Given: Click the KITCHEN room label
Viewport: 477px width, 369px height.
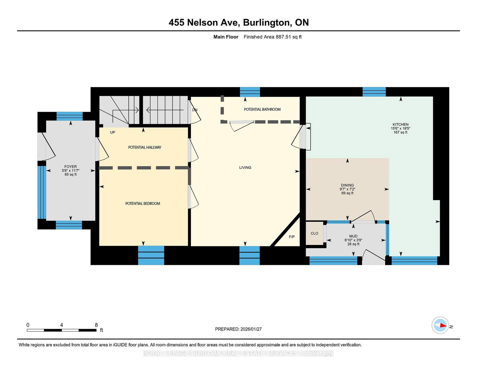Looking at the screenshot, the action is [x=400, y=124].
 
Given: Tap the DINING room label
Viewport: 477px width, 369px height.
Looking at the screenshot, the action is [x=347, y=185].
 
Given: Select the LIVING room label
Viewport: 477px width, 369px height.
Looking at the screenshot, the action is [x=245, y=168].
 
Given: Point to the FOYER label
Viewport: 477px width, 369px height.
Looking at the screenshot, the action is [x=70, y=167].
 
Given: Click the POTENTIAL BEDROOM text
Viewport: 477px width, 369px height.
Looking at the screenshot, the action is [x=143, y=204].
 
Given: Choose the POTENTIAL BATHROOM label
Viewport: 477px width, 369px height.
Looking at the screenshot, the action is [x=262, y=109].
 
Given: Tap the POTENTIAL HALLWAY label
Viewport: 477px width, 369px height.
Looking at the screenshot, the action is [x=145, y=147].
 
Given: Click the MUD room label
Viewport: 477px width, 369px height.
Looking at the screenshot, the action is [x=353, y=236].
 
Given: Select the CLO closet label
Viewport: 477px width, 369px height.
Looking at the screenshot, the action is [x=314, y=233].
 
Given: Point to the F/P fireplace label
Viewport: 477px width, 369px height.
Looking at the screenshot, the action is [x=292, y=237].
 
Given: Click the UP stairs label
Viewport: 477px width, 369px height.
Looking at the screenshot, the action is [x=112, y=132].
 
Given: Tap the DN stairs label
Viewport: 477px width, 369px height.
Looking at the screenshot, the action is [x=195, y=110].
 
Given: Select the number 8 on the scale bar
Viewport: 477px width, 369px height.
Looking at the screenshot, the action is [x=96, y=325].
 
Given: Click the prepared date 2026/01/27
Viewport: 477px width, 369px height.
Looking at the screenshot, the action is [x=251, y=329].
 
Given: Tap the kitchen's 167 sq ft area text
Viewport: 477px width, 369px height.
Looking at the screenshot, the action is [x=400, y=132].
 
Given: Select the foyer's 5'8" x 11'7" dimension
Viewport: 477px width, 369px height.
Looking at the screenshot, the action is [x=70, y=171].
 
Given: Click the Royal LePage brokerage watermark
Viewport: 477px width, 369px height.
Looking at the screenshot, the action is [x=238, y=353].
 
